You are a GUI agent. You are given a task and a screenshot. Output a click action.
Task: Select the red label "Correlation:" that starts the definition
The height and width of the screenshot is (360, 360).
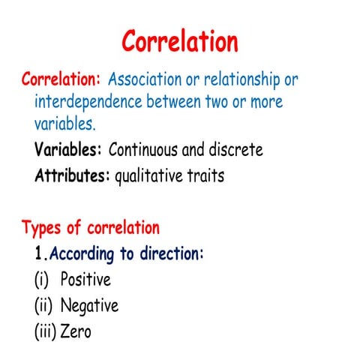click(x=62, y=79)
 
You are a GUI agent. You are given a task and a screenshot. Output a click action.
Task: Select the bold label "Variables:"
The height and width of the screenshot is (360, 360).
click(x=68, y=149)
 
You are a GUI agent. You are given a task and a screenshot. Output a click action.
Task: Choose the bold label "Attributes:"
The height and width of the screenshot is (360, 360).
click(x=72, y=177)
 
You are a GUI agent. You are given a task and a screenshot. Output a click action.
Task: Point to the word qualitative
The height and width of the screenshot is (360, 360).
click(x=151, y=177)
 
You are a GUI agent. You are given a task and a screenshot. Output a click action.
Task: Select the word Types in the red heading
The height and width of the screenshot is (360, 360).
click(x=43, y=227)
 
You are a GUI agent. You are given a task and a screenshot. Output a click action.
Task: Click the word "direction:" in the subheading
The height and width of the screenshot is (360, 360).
click(x=174, y=253)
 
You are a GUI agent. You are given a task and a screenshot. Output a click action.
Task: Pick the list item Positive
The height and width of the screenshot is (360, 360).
click(x=85, y=280)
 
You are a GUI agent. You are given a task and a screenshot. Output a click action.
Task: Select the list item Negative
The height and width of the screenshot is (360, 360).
click(x=88, y=305)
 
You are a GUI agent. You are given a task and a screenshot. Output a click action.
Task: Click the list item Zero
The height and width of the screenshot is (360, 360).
click(x=75, y=331)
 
